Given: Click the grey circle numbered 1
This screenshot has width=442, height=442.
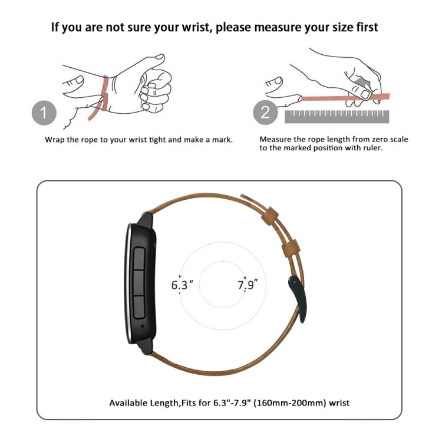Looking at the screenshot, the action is point(44,113).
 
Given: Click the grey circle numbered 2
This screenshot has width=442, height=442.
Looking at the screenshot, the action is point(265,113).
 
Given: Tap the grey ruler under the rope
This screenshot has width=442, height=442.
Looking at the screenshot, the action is point(337,117).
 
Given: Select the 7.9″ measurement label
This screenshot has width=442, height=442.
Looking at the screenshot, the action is point(248,285).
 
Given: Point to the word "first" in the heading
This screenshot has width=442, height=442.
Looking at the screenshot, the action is point(365,27).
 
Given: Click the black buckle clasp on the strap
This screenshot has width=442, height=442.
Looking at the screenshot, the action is point(298,299).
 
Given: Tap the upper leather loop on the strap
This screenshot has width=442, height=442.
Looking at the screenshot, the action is point(270,216).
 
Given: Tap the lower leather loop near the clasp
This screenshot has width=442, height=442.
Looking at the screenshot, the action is point(291,248).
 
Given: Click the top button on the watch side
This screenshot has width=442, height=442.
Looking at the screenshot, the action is point(139,259).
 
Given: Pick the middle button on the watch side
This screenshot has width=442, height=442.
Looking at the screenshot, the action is point(139,283).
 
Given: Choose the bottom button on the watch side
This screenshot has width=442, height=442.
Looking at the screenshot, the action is point(139,307).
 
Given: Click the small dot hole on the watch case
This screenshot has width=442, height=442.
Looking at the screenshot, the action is point(143,326).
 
